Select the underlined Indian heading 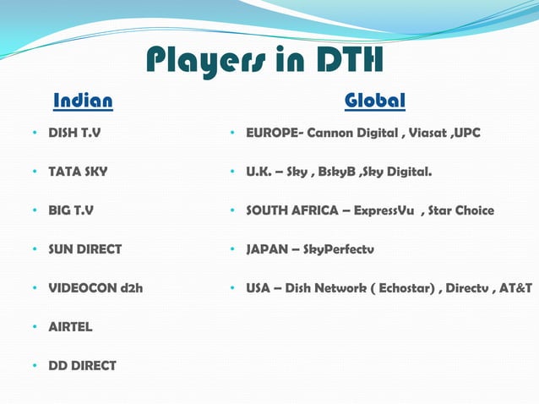(83, 102)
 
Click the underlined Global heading (375, 102)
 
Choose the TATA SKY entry (78, 172)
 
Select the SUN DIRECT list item (84, 249)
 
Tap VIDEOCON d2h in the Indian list (95, 288)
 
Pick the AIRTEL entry (70, 327)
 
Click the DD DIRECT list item (82, 366)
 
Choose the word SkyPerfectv (338, 249)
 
